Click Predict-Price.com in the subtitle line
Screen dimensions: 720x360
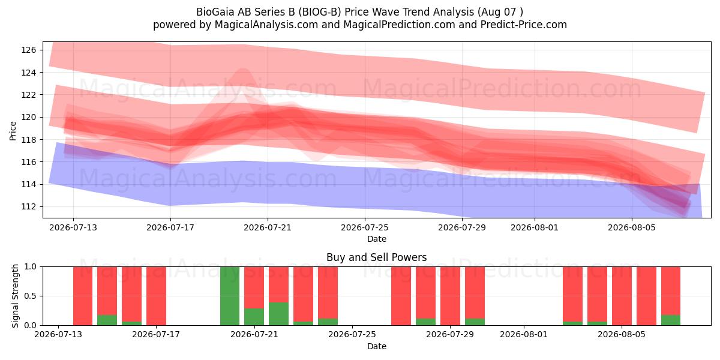click(524, 25)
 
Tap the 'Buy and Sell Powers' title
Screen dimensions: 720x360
click(376, 257)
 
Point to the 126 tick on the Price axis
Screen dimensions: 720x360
click(29, 50)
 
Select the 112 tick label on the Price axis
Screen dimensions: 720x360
click(29, 206)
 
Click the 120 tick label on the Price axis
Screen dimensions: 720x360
click(29, 118)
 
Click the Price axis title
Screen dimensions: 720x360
click(13, 131)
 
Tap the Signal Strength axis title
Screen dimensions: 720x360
click(15, 296)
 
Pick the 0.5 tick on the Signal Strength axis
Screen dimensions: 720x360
click(31, 296)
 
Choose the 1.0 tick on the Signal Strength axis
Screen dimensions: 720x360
click(31, 267)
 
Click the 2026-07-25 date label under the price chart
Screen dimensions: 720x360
click(365, 227)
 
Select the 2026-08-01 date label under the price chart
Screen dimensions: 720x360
click(535, 227)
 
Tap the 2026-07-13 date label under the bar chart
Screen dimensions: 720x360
click(58, 334)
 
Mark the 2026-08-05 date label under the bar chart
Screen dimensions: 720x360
click(622, 334)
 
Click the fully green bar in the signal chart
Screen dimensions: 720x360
click(230, 296)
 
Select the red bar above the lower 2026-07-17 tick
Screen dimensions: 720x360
click(156, 296)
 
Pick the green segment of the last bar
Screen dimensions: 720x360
click(671, 320)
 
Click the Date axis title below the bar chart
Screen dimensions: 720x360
click(376, 346)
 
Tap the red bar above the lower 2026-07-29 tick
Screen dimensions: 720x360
click(450, 296)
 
